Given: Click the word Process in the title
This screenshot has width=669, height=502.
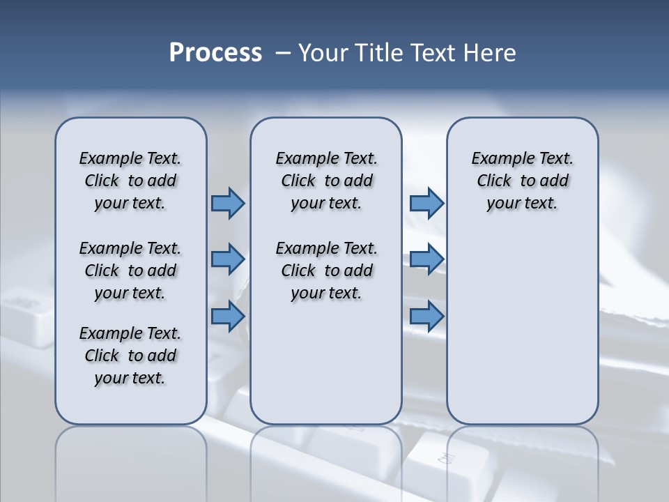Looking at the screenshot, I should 215,53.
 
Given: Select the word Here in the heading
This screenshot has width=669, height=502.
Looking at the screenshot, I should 487,53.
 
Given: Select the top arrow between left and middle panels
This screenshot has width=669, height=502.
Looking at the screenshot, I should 228,203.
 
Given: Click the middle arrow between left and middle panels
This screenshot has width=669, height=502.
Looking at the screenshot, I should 228,259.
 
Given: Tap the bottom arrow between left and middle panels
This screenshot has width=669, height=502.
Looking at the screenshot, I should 228,316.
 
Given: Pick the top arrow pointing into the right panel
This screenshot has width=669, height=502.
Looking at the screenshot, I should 426,203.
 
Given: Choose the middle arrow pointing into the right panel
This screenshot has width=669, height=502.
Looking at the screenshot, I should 426,259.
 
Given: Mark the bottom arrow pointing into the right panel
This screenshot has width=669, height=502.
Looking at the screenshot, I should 426,316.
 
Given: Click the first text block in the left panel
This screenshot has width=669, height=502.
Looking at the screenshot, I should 130,181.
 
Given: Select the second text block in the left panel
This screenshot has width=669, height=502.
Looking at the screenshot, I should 130,271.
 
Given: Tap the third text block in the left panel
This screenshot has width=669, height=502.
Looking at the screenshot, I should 130,356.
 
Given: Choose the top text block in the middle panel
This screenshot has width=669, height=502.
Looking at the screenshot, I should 326,181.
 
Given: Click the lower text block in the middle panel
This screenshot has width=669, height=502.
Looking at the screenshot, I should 326,271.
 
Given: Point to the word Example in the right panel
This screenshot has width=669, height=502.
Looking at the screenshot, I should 497,159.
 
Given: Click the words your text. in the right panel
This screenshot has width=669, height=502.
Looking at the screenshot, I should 522,204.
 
